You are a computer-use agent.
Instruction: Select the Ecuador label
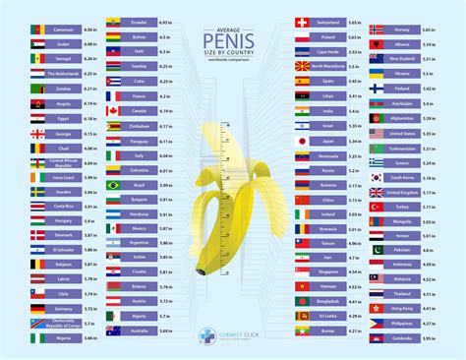pos(138,20)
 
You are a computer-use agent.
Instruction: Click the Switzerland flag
pos(304,21)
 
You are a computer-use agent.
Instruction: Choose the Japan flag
pos(304,141)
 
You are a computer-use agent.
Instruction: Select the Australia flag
pos(113,330)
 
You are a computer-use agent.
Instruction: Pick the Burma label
pos(328,330)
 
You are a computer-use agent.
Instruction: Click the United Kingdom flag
pos(379,192)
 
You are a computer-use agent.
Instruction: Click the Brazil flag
pos(113,185)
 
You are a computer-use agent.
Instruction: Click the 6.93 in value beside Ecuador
pos(164,20)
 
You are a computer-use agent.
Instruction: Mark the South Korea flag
pos(379,177)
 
